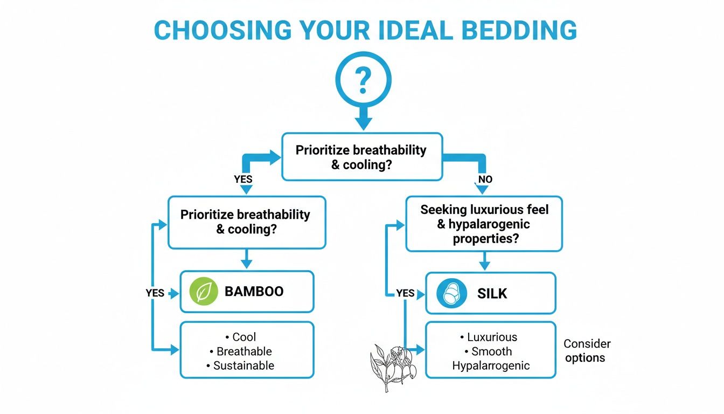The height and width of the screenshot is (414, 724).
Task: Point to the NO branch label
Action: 484,179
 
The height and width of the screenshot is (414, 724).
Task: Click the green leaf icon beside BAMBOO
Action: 204,292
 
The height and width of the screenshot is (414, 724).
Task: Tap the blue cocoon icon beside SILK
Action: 451,294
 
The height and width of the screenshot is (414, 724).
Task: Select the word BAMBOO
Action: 254,292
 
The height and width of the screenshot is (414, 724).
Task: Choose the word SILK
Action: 492,294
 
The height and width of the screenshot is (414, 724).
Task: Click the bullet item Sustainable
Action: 243,365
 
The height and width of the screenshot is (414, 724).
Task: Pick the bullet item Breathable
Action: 244,351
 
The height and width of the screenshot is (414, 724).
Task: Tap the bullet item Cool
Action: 244,337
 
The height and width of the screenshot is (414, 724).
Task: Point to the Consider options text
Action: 587,350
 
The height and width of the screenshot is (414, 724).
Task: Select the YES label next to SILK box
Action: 405,293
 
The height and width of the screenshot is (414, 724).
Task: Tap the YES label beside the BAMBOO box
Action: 155,293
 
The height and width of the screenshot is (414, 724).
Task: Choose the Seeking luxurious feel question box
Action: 484,224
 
